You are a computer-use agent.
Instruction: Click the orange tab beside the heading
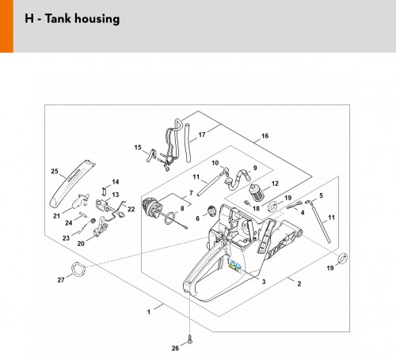click(6, 26)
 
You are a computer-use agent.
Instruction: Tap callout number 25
click(55, 171)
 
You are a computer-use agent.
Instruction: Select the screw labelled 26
click(189, 339)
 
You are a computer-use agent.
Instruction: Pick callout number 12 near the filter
click(275, 184)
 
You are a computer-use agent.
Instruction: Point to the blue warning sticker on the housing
click(234, 265)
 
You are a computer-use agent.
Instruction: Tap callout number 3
click(264, 282)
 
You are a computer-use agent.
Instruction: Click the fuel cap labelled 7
click(151, 207)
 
